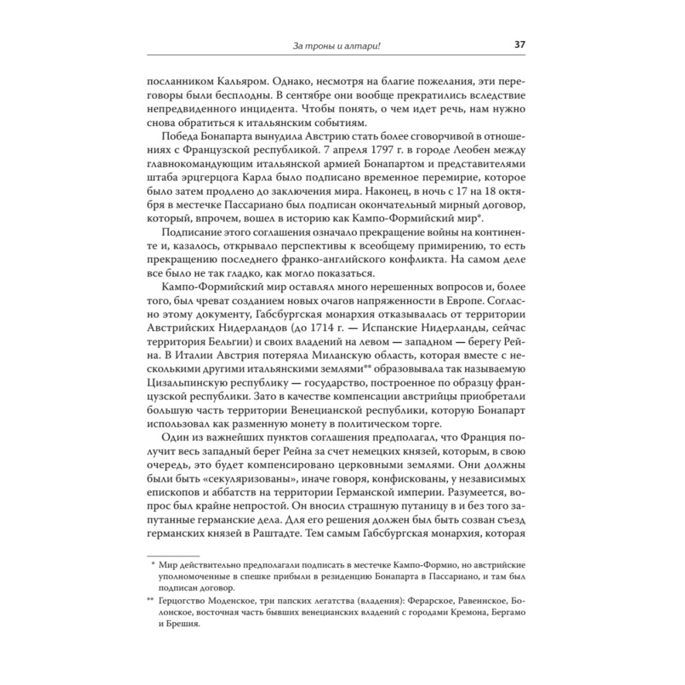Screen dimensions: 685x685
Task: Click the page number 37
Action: (x=520, y=46)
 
